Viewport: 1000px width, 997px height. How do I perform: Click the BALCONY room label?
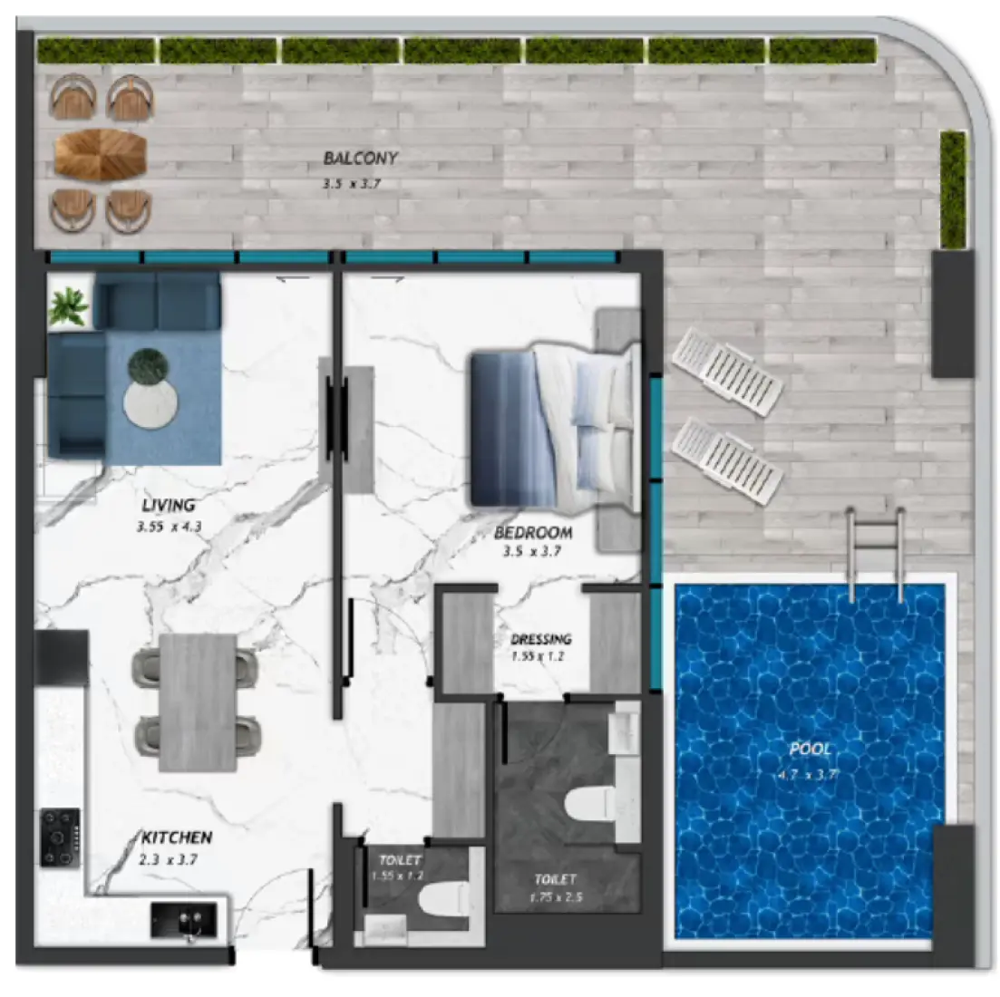click(x=360, y=158)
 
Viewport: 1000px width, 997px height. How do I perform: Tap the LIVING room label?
click(x=168, y=505)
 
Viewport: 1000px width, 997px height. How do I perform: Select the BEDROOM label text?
click(x=533, y=533)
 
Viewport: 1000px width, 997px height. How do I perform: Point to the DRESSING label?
click(x=540, y=639)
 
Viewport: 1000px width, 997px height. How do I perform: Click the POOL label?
click(x=810, y=750)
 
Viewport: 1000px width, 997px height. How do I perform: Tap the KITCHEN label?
click(x=177, y=838)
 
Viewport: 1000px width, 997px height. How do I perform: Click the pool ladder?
click(x=875, y=553)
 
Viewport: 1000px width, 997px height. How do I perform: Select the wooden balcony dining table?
click(x=100, y=155)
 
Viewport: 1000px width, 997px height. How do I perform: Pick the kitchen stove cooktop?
click(x=60, y=837)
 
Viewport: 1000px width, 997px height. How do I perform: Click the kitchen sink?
click(x=185, y=921)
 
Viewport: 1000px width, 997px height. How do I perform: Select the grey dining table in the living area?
click(x=198, y=702)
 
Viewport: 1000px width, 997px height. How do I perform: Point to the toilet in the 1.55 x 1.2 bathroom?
click(x=443, y=901)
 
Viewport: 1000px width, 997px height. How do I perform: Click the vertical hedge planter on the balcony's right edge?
click(x=952, y=189)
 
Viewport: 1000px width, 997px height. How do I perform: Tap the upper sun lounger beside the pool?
click(x=727, y=371)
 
